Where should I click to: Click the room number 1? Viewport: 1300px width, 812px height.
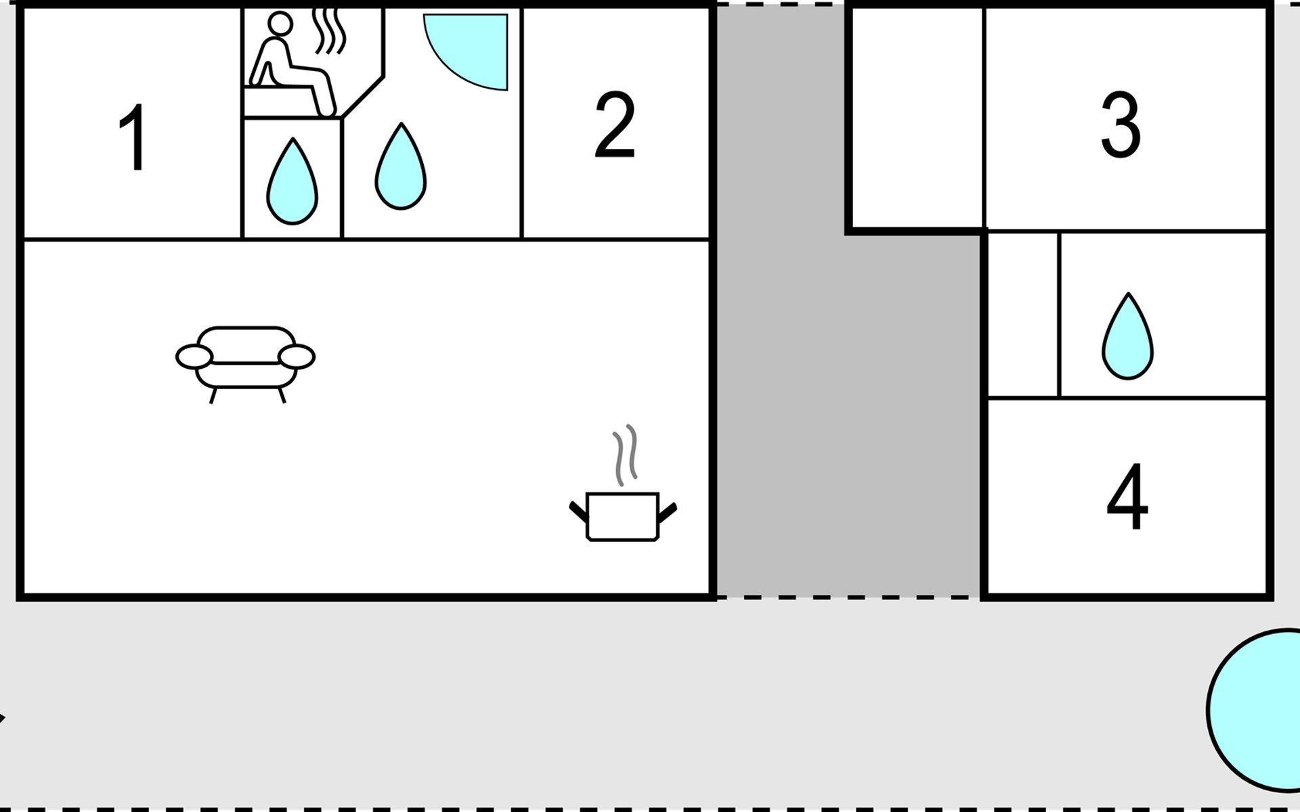[x=132, y=138]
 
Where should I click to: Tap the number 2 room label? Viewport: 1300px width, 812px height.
[x=615, y=126]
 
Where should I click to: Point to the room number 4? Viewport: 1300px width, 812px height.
[x=1127, y=497]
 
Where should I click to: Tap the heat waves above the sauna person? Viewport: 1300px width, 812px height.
[x=331, y=30]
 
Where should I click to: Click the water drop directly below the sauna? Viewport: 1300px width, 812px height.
[x=292, y=183]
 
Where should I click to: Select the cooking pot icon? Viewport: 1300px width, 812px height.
[x=622, y=516]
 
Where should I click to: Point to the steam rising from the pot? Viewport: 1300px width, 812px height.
[x=625, y=455]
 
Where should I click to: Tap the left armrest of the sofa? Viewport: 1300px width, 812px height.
[x=194, y=357]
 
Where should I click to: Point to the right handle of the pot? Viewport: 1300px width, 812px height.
[x=667, y=513]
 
